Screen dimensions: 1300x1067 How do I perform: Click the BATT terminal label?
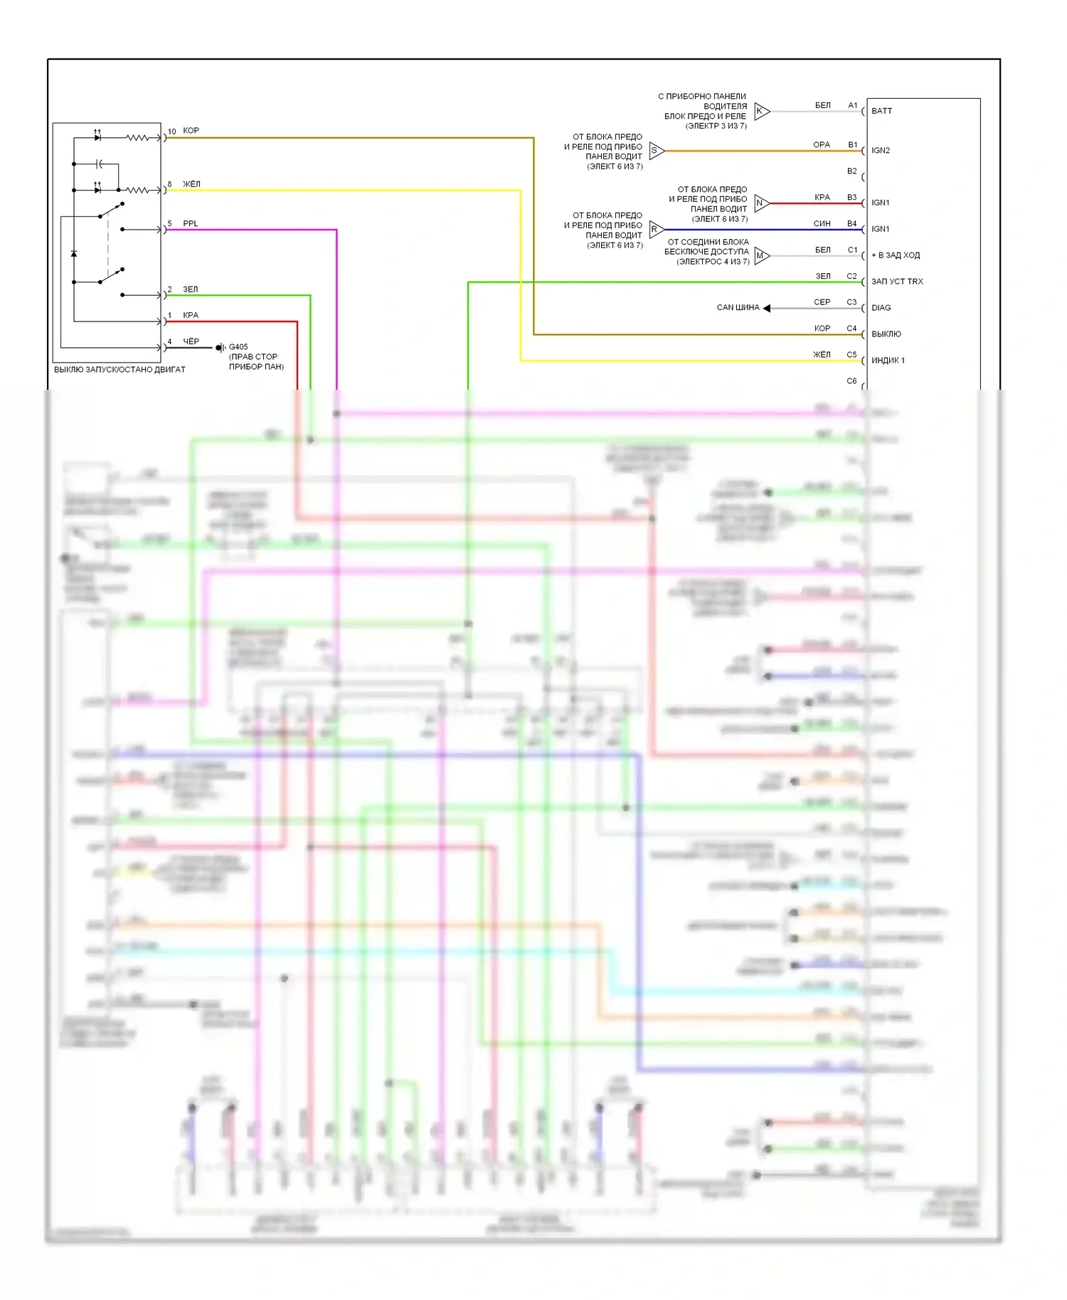pos(881,111)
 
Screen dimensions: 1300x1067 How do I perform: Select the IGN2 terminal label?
pos(881,151)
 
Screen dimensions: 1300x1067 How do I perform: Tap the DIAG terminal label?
pos(881,308)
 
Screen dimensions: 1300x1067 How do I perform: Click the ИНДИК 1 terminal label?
pos(888,361)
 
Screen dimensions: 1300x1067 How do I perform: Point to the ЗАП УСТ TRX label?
pos(897,282)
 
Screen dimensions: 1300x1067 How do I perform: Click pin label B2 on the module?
pos(852,171)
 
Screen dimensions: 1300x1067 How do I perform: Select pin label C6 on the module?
pos(852,381)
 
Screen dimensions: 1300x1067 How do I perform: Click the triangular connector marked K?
pos(761,111)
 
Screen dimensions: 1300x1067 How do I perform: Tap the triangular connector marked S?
pos(656,151)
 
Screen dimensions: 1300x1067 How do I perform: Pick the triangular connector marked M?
pos(761,256)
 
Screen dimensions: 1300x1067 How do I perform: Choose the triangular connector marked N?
pos(761,203)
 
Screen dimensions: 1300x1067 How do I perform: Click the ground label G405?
pos(238,347)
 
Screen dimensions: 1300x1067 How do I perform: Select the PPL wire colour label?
pos(191,223)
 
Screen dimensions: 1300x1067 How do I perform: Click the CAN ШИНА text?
pos(738,308)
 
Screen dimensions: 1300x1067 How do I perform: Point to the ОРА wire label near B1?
pos(822,145)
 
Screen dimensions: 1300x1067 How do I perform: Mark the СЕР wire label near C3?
pos(822,302)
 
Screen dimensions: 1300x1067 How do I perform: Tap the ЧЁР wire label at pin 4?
pos(191,341)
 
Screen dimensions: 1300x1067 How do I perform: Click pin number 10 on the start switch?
pos(171,132)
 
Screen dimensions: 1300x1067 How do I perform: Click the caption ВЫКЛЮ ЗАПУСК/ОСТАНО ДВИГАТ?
pos(120,370)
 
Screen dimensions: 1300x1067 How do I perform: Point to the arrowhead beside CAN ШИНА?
pos(767,308)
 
